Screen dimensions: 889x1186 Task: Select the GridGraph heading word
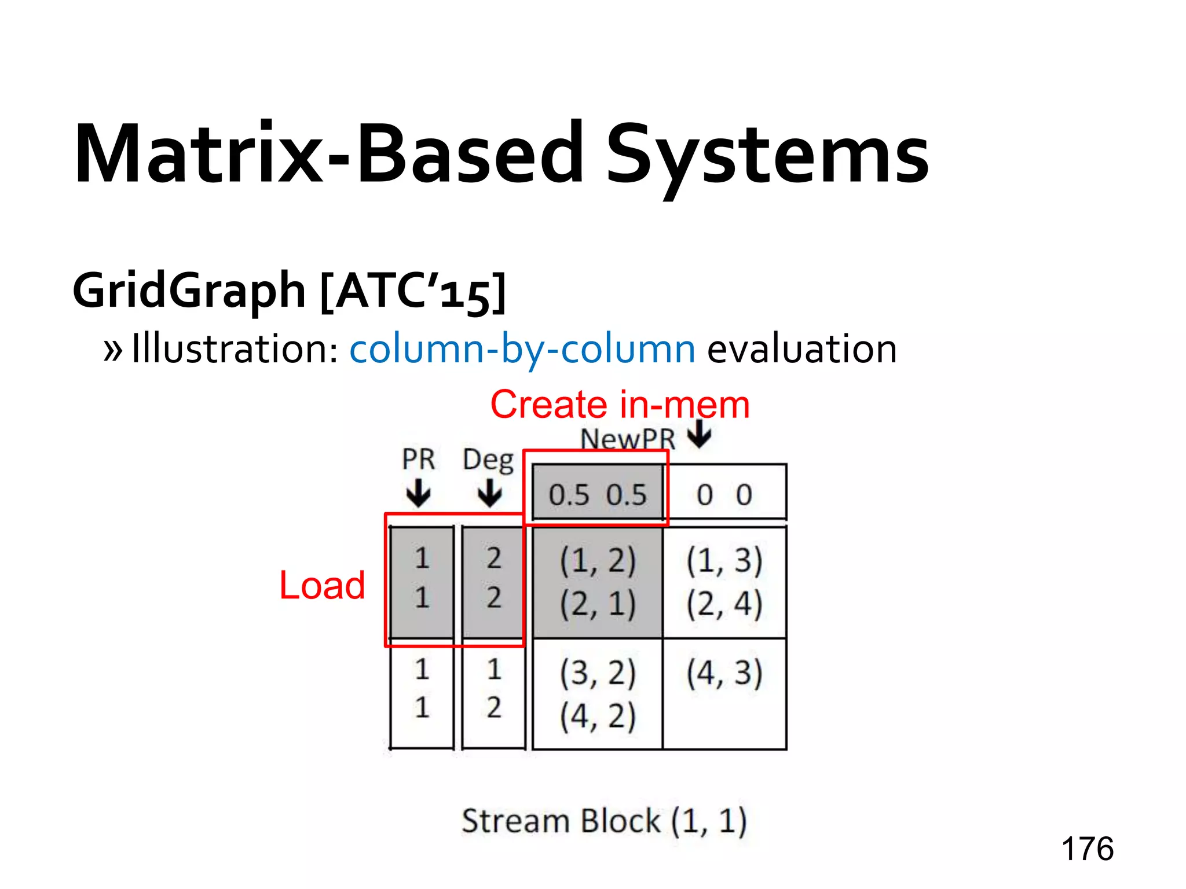189,291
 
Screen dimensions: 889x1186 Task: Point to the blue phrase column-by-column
522,349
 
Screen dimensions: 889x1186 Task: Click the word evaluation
801,349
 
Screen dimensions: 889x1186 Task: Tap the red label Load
322,585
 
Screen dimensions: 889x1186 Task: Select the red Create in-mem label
620,404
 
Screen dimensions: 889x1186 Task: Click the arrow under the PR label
418,494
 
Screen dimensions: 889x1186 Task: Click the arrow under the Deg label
490,494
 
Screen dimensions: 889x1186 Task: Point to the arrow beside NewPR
701,434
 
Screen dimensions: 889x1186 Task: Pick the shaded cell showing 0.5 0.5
597,495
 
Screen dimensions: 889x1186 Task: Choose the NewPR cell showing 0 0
724,495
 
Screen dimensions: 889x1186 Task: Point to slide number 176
1087,849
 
